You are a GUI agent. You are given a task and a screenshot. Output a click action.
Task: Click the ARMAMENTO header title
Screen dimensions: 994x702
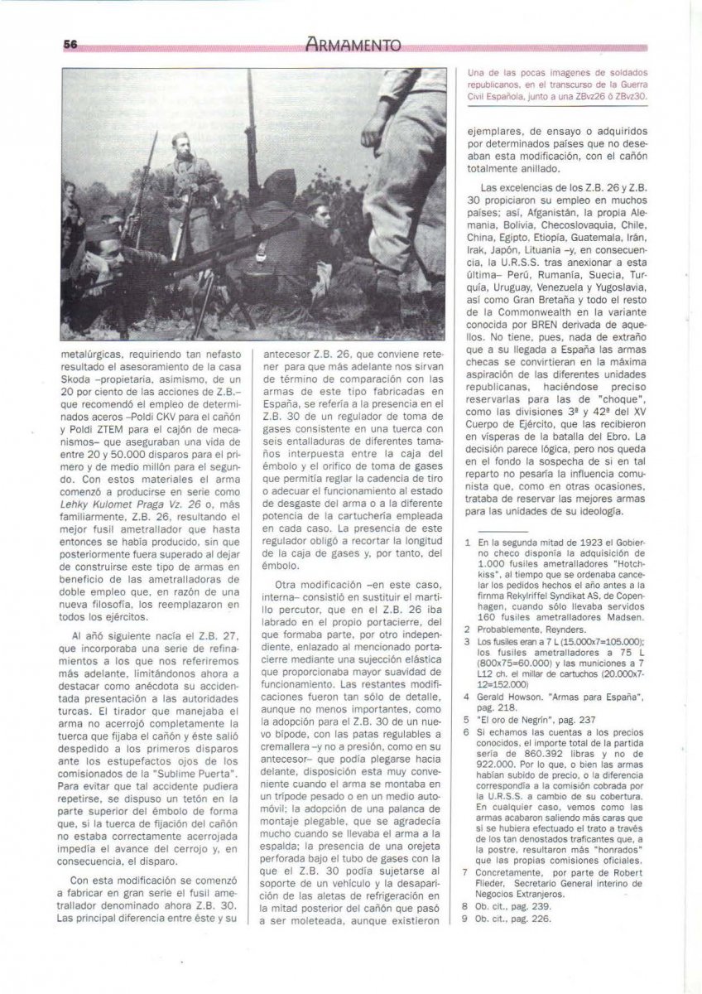352,46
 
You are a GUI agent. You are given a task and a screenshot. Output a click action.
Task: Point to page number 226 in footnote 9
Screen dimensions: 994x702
538,918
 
